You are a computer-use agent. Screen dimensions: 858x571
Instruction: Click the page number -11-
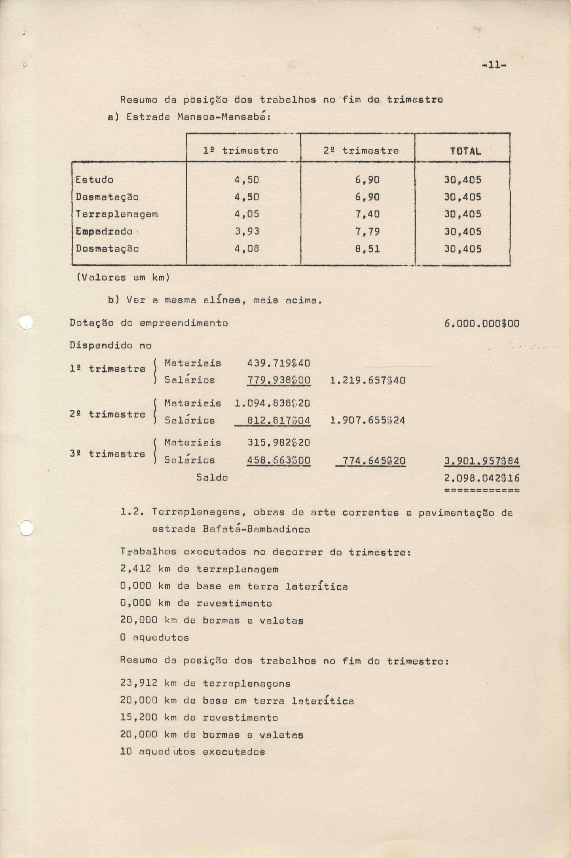coord(494,65)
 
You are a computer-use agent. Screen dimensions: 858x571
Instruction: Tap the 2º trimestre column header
coord(361,150)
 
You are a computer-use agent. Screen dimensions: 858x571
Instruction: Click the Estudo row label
coord(94,180)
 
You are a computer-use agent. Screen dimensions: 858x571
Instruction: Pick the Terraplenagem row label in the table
coord(116,214)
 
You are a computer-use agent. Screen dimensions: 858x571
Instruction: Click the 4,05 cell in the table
coord(247,214)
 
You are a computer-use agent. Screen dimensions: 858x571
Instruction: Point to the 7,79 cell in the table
coord(368,232)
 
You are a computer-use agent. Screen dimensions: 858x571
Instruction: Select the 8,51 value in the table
coord(368,249)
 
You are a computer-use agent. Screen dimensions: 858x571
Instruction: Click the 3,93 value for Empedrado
coord(247,232)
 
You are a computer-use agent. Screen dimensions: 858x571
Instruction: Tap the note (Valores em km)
coord(123,278)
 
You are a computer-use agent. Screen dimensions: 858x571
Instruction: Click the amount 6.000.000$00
coord(482,324)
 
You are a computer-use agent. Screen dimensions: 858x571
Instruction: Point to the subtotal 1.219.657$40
coord(368,381)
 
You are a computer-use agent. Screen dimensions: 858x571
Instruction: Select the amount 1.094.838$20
coord(272,403)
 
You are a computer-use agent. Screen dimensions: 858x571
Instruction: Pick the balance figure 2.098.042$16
coord(482,478)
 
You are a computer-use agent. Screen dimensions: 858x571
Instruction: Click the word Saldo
coord(212,477)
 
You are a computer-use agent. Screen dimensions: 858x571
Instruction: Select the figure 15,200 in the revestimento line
coord(139,718)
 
